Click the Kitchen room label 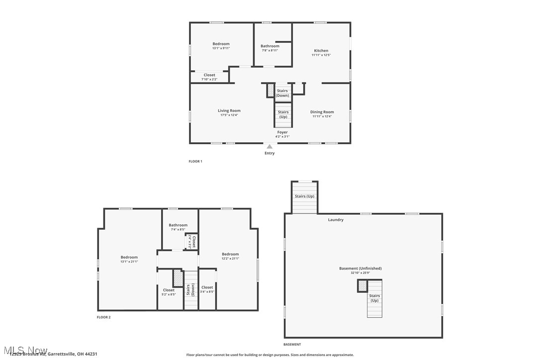pyautogui.click(x=321, y=51)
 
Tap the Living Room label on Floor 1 pyautogui.click(x=229, y=111)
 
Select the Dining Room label pyautogui.click(x=322, y=112)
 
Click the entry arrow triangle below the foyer pyautogui.click(x=270, y=147)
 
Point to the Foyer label pyautogui.click(x=282, y=132)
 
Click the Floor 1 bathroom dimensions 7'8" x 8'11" pyautogui.click(x=270, y=50)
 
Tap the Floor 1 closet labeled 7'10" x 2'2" pyautogui.click(x=209, y=77)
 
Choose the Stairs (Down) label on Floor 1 pyautogui.click(x=282, y=93)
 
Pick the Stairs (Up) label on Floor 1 pyautogui.click(x=283, y=114)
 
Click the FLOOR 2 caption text pyautogui.click(x=103, y=317)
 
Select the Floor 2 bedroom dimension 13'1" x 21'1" pyautogui.click(x=129, y=262)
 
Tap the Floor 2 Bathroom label pyautogui.click(x=178, y=225)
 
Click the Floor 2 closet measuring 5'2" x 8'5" pyautogui.click(x=169, y=292)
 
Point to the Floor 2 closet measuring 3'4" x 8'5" pyautogui.click(x=207, y=289)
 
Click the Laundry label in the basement pyautogui.click(x=336, y=220)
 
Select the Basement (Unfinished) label pyautogui.click(x=360, y=269)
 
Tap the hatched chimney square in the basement pyautogui.click(x=362, y=286)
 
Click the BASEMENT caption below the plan pyautogui.click(x=292, y=345)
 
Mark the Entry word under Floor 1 pyautogui.click(x=269, y=153)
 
